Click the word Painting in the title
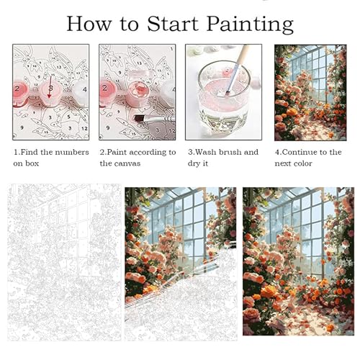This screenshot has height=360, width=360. click(x=250, y=24)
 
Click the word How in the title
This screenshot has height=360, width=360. click(x=89, y=24)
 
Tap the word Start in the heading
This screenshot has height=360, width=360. click(x=173, y=24)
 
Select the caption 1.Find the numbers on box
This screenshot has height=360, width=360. click(x=51, y=158)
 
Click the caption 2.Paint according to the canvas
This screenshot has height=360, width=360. click(x=138, y=158)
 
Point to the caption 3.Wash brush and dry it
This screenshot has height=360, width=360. click(x=223, y=158)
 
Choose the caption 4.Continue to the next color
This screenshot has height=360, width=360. click(x=308, y=158)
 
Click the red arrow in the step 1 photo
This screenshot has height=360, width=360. click(x=50, y=87)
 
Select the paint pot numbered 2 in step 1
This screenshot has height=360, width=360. click(x=20, y=91)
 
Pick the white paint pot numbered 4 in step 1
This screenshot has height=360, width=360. click(x=81, y=91)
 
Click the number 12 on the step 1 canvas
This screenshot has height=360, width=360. click(x=84, y=129)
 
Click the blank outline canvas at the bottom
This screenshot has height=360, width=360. click(x=64, y=262)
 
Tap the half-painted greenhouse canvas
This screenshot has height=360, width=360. click(x=181, y=264)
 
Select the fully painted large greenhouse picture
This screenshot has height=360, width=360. click(x=298, y=261)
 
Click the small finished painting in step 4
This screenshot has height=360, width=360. click(x=310, y=93)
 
